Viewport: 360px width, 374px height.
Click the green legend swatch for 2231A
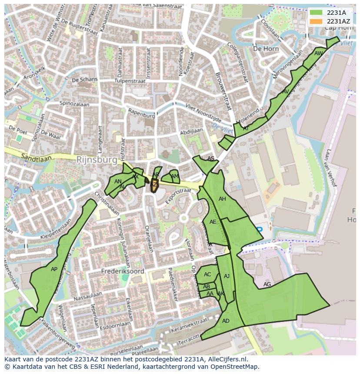(x=316, y=13)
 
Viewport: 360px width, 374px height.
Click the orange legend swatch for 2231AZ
(x=316, y=21)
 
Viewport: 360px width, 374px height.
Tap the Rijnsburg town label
(x=97, y=160)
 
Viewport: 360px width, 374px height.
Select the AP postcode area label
(x=54, y=269)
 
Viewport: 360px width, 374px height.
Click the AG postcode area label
(x=267, y=285)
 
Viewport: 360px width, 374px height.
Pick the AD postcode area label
(x=226, y=321)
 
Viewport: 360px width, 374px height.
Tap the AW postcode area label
(x=319, y=53)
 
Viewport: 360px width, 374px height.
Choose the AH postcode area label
(x=222, y=199)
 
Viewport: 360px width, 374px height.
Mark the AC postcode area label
(x=207, y=275)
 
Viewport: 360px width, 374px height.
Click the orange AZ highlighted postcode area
(x=154, y=186)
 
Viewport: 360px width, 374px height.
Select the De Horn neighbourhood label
(x=266, y=49)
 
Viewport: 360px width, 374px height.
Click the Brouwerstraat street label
(x=223, y=91)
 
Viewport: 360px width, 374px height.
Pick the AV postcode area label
(x=285, y=92)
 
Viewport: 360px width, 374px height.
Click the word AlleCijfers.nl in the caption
(x=226, y=359)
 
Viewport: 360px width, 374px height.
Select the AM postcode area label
(x=174, y=176)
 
